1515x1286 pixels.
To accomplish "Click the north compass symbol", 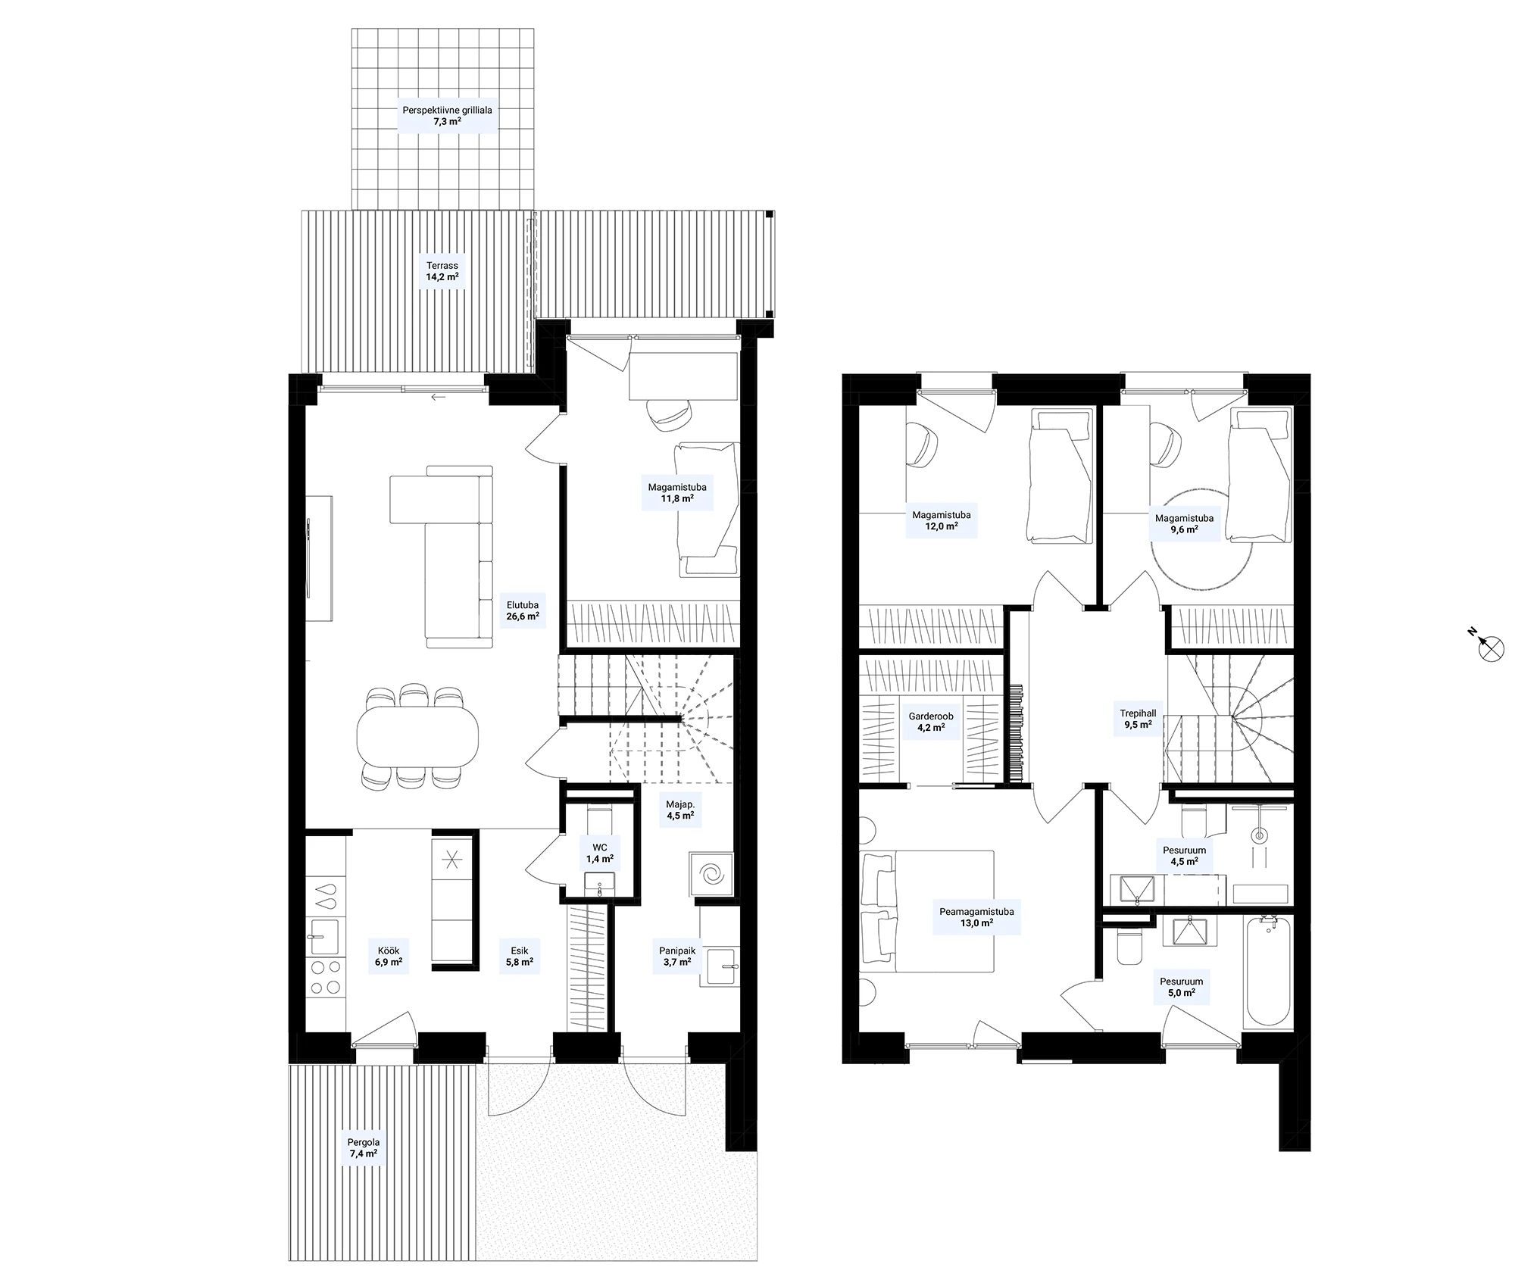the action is [x=1490, y=647].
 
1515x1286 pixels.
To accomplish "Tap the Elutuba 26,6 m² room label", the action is [x=523, y=610].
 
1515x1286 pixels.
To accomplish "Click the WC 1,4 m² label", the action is [x=599, y=854].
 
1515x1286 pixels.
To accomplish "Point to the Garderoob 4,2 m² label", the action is [x=931, y=722].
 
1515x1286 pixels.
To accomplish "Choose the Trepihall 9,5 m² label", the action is [x=1138, y=718].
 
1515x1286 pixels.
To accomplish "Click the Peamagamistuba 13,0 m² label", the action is [x=976, y=918].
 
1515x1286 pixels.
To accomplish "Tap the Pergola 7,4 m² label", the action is [x=364, y=1148].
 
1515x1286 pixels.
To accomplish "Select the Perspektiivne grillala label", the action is [x=447, y=110].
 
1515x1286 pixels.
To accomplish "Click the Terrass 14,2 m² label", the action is [x=442, y=271].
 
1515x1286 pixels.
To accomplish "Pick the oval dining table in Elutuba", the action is [x=417, y=735].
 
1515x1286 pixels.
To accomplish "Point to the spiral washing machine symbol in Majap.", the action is [x=712, y=875].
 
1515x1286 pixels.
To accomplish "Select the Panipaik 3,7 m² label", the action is [x=677, y=957].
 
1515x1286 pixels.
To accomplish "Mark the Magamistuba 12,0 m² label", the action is [x=941, y=520].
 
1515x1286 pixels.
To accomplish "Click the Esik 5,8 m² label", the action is [x=520, y=957].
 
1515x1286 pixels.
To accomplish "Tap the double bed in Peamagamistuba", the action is [x=927, y=911].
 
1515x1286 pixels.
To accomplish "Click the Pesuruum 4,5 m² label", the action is [x=1185, y=856].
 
